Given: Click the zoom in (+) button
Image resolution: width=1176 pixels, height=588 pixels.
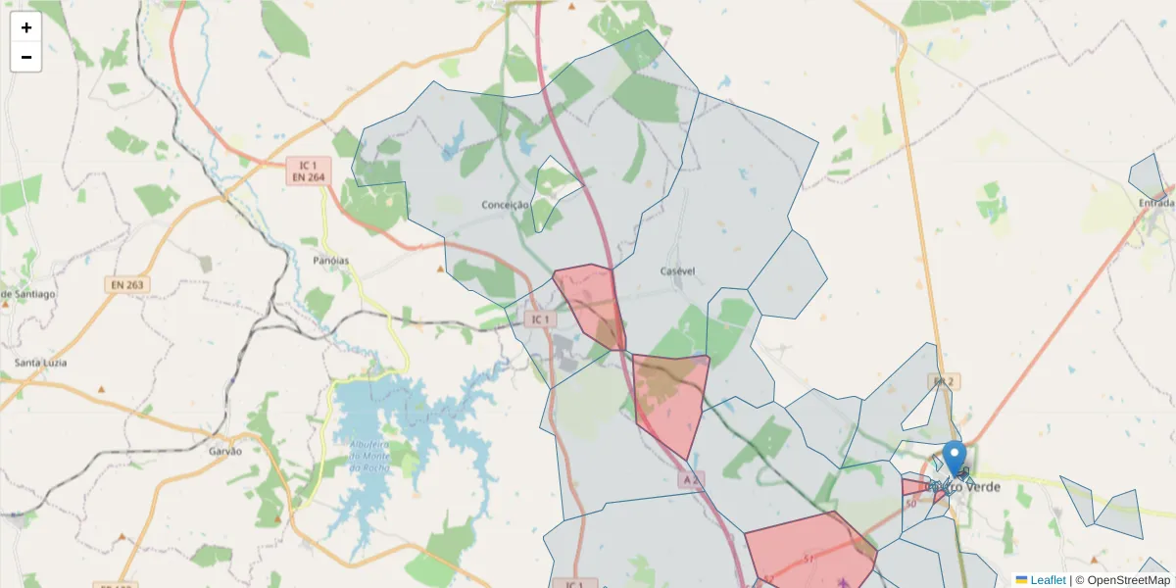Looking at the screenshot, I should tap(26, 27).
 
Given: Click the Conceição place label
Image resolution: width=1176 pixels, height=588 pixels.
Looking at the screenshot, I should tap(506, 205).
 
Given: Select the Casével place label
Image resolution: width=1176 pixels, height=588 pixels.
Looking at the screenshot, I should tap(677, 270).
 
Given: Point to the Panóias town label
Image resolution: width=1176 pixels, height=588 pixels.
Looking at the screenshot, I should tap(331, 261).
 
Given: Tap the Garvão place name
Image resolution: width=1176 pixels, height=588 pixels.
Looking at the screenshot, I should tap(225, 452).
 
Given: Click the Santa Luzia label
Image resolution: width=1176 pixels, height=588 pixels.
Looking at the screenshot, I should tap(41, 363).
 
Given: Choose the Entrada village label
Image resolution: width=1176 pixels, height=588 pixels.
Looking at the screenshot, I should tap(1156, 203).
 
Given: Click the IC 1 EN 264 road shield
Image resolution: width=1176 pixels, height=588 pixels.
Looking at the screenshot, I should tap(309, 171).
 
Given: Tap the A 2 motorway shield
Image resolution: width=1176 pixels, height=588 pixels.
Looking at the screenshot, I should tap(691, 479).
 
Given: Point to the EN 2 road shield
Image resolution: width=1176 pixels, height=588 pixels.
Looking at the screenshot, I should tap(943, 380).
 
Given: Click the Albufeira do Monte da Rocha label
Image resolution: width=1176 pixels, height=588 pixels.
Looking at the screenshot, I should tap(369, 457).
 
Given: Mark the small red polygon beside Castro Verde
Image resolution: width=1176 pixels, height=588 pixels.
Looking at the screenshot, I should tap(917, 488).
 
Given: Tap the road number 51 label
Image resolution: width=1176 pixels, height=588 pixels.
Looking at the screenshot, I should tap(809, 559).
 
